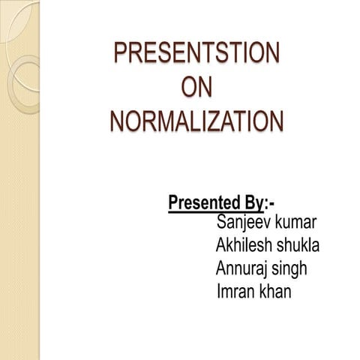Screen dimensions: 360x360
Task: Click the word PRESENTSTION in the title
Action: [x=196, y=55]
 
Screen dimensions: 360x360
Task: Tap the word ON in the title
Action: [x=196, y=88]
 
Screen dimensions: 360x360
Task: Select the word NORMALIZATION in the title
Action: [x=196, y=121]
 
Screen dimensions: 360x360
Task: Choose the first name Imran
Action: [x=232, y=290]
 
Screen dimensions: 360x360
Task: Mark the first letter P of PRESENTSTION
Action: [x=120, y=55]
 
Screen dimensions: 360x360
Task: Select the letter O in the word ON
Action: [x=188, y=88]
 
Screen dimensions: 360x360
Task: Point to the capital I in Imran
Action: [x=217, y=290]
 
